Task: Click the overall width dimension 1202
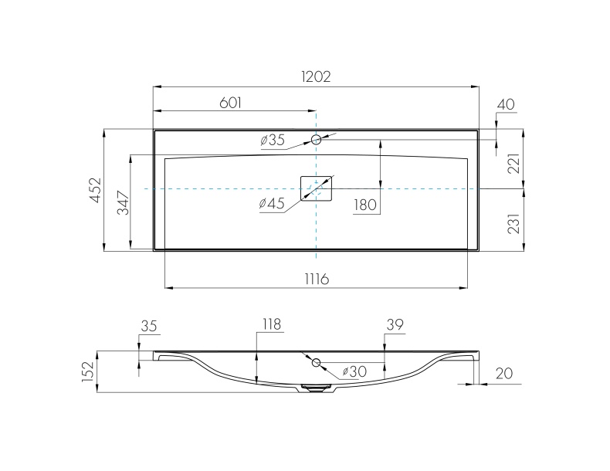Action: coord(316,76)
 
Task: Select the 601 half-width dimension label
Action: coord(231,103)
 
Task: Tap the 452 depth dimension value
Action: coord(95,190)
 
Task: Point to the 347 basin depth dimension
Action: coord(124,202)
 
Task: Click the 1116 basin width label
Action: coord(317,279)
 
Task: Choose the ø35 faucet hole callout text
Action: coord(273,140)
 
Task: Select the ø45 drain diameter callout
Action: coord(272,203)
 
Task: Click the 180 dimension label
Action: coord(365,205)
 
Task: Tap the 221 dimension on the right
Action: coord(513,164)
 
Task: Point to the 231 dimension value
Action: coord(513,224)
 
